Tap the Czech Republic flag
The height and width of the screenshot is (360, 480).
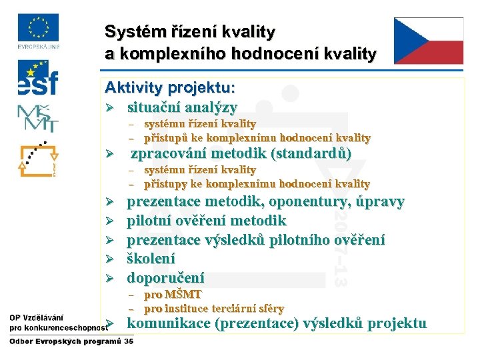pyautogui.click(x=428, y=41)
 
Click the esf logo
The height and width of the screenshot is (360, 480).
pyautogui.click(x=37, y=79)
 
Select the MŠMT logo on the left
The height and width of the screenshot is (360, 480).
pyautogui.click(x=37, y=118)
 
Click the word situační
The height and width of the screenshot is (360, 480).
pyautogui.click(x=157, y=107)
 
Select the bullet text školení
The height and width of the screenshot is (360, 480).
pyautogui.click(x=151, y=259)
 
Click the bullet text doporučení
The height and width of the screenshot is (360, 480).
pyautogui.click(x=166, y=278)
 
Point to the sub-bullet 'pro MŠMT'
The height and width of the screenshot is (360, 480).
pyautogui.click(x=173, y=294)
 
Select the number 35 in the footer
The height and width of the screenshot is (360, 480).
pyautogui.click(x=129, y=341)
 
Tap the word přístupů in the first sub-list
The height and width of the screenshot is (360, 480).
pyautogui.click(x=164, y=138)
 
